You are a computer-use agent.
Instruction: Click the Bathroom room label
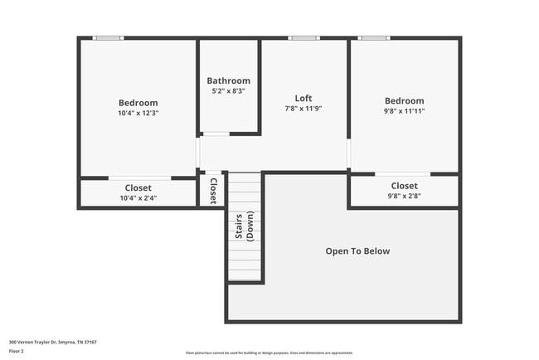click(x=228, y=80)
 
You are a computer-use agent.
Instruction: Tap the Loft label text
click(x=303, y=98)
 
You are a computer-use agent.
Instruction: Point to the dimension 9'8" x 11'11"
click(x=404, y=110)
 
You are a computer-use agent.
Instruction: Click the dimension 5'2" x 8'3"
click(x=228, y=90)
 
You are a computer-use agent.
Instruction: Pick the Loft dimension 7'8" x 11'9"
click(x=303, y=109)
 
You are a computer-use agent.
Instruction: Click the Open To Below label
click(x=357, y=251)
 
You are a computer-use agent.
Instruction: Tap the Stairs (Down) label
click(x=244, y=226)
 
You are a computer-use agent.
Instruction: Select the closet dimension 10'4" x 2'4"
click(x=138, y=198)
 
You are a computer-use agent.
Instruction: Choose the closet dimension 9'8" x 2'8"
click(x=404, y=196)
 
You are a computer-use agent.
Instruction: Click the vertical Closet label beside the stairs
click(x=213, y=190)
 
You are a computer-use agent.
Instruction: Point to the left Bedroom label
click(x=138, y=103)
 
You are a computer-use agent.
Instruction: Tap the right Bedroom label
click(x=404, y=101)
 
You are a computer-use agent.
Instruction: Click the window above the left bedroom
click(x=108, y=38)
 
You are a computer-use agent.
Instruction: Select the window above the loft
click(x=303, y=38)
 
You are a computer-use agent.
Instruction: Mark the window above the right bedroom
click(x=374, y=38)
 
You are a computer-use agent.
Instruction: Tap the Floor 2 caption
click(x=17, y=351)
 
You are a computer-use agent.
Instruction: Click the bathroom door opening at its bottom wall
click(x=216, y=134)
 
